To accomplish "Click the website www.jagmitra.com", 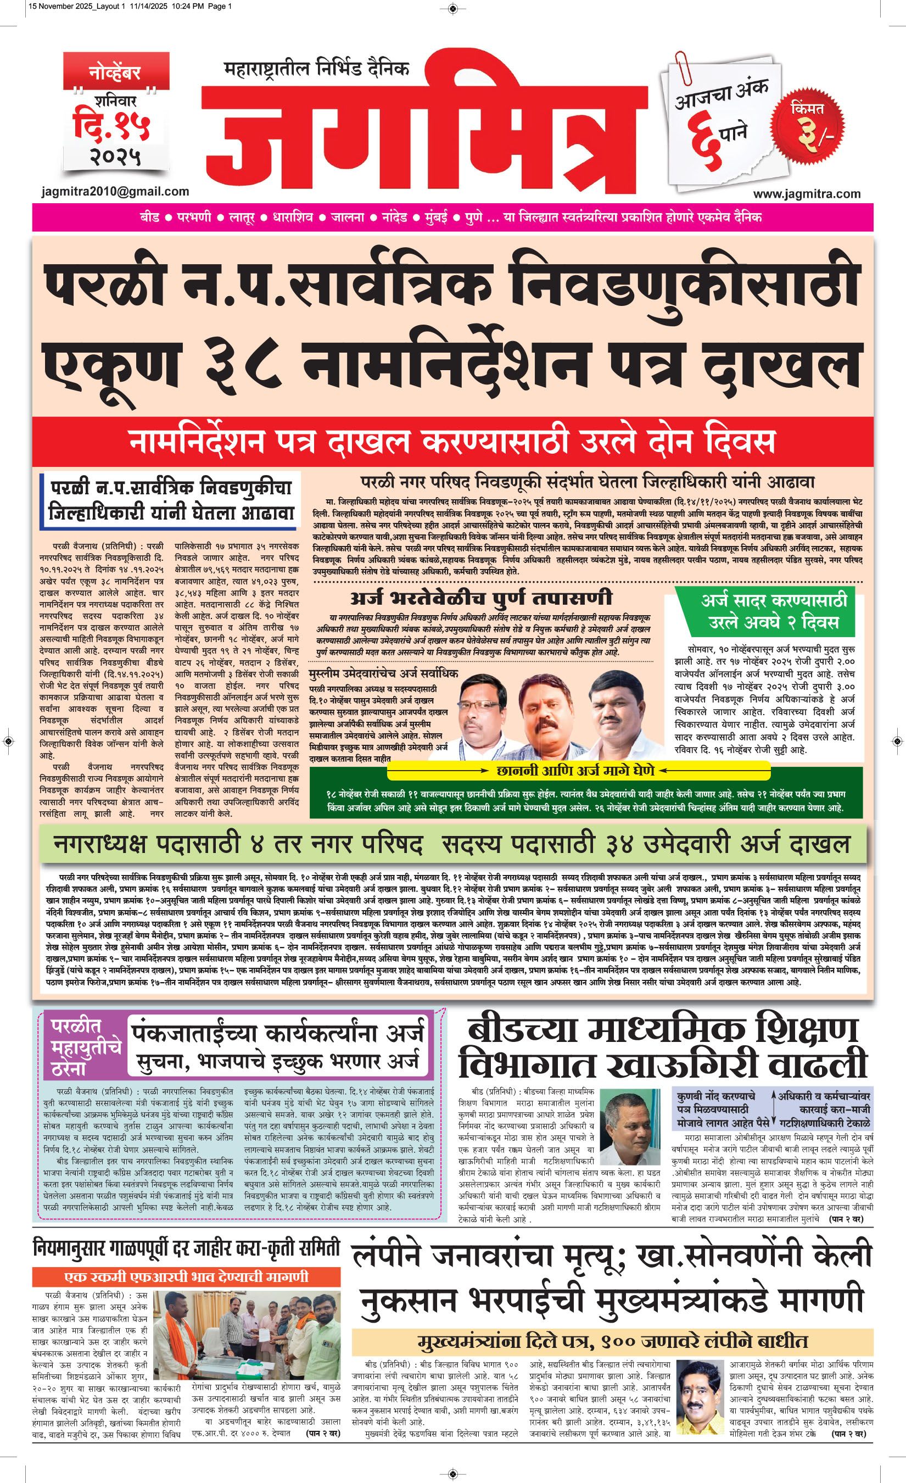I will click(x=806, y=193).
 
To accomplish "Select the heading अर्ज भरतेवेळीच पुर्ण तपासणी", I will click(x=481, y=598).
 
